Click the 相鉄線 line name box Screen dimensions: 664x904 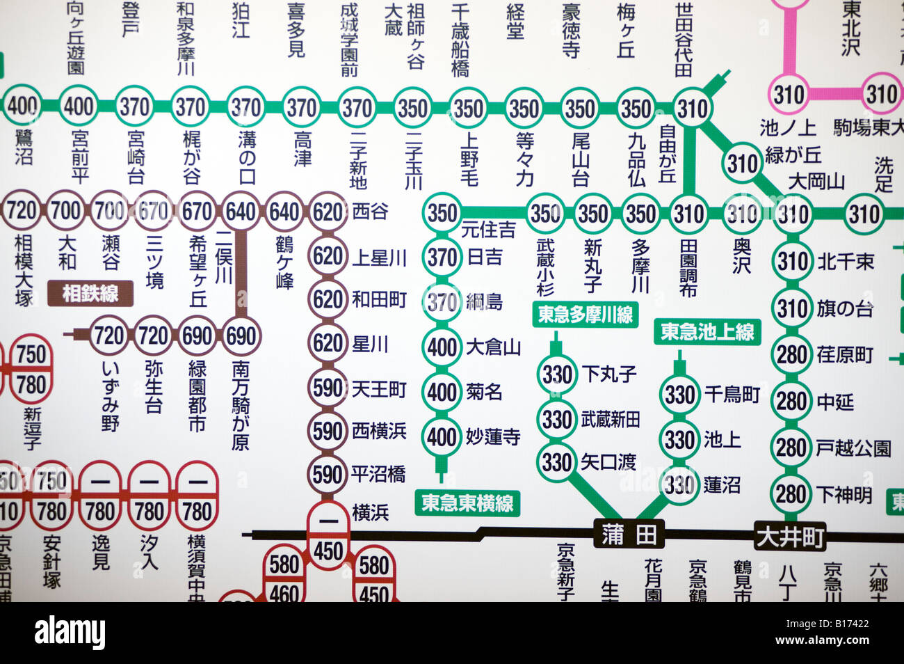pos(90,293)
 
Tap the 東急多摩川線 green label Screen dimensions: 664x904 pos(586,315)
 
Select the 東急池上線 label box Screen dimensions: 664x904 pos(707,331)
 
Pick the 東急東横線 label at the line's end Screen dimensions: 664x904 pos(467,503)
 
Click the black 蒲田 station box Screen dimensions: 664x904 pos(629,535)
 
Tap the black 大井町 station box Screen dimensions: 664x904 pos(790,537)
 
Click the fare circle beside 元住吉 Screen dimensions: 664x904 pos(442,212)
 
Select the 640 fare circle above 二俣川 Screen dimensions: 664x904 pos(241,211)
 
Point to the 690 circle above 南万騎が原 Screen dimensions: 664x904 pos(241,336)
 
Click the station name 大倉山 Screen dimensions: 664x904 pos(493,347)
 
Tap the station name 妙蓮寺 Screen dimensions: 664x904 pos(493,436)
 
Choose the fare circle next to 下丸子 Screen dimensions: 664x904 pos(557,374)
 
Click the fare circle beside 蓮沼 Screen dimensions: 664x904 pos(679,484)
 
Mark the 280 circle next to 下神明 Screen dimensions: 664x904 pos(791,494)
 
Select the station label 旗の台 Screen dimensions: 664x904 pos(844,308)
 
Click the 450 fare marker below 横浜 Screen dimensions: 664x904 pos(328,551)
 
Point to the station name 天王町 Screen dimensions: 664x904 pos(379,388)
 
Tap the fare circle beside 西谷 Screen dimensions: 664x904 pos(328,211)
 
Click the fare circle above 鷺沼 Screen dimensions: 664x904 pos(22,106)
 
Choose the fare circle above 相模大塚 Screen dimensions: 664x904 pos(22,210)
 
